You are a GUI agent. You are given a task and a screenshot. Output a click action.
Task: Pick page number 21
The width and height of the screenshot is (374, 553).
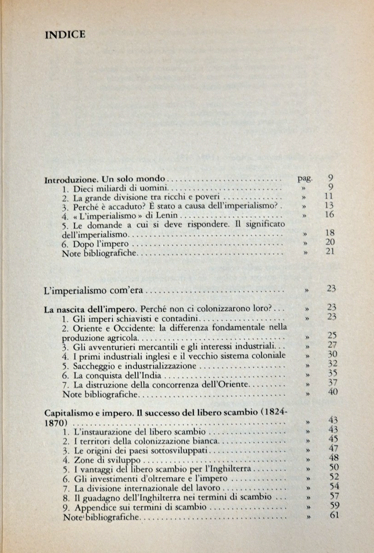330,252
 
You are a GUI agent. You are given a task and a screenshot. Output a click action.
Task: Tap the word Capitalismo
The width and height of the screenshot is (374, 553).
68,413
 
